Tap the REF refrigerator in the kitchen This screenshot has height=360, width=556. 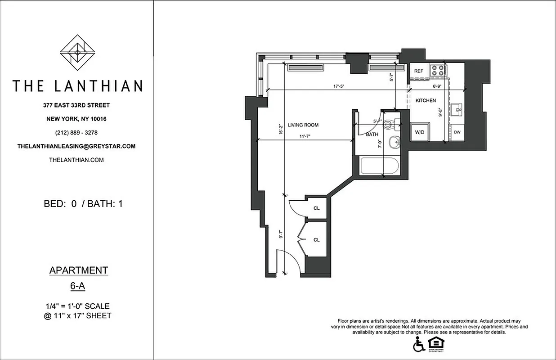[x=419, y=71]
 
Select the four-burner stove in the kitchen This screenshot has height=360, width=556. [x=438, y=70]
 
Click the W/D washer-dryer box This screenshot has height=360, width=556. [x=420, y=132]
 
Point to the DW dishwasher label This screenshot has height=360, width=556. [x=457, y=132]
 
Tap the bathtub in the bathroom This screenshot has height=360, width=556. [x=380, y=166]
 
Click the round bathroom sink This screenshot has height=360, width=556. [x=395, y=142]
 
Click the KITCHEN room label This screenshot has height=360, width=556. [x=426, y=100]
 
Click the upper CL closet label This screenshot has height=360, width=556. [x=317, y=208]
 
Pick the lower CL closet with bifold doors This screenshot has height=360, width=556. [x=316, y=240]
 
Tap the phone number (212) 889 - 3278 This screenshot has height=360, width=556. [x=76, y=133]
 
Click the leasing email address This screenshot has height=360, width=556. [x=76, y=146]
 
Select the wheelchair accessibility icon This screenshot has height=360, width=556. [x=418, y=344]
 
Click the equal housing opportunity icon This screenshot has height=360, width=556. [x=434, y=343]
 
